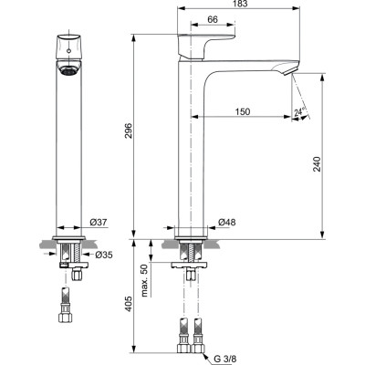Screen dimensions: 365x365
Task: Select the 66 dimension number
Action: pyautogui.click(x=212, y=20)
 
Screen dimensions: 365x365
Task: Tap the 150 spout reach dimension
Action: pyautogui.click(x=241, y=110)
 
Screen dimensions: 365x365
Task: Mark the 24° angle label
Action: pyautogui.click(x=300, y=115)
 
